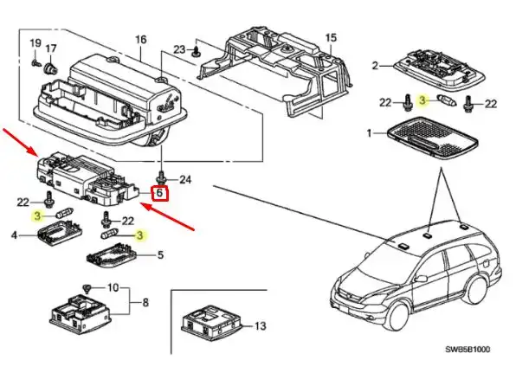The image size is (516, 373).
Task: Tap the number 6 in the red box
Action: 160,193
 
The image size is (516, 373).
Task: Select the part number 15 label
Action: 329,38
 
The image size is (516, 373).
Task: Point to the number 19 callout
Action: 35,43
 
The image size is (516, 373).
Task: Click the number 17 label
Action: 52,48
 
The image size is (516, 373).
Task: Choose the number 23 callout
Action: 179,49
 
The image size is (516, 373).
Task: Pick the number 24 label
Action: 184,179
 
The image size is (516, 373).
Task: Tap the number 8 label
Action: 145,303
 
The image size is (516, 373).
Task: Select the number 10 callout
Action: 113,287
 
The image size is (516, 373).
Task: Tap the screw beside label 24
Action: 163,179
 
